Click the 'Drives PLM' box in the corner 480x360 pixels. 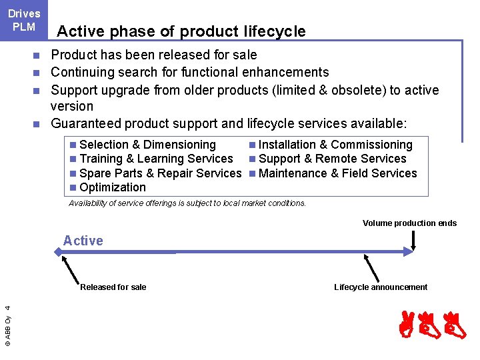click(24, 20)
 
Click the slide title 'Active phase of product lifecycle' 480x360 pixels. click(181, 31)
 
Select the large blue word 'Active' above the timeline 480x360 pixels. click(83, 241)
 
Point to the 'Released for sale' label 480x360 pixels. click(113, 287)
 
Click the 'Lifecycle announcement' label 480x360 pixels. click(381, 287)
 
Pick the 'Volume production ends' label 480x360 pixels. click(409, 223)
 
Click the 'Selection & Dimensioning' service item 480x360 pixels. click(147, 145)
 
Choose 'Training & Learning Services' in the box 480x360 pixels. click(156, 159)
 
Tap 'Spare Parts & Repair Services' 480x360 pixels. click(160, 173)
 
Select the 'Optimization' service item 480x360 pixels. click(112, 187)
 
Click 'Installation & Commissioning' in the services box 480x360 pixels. click(335, 145)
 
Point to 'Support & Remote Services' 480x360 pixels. click(332, 159)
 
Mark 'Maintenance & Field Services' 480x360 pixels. click(337, 173)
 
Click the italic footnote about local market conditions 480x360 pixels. click(187, 203)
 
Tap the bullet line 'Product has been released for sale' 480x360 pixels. click(154, 55)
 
